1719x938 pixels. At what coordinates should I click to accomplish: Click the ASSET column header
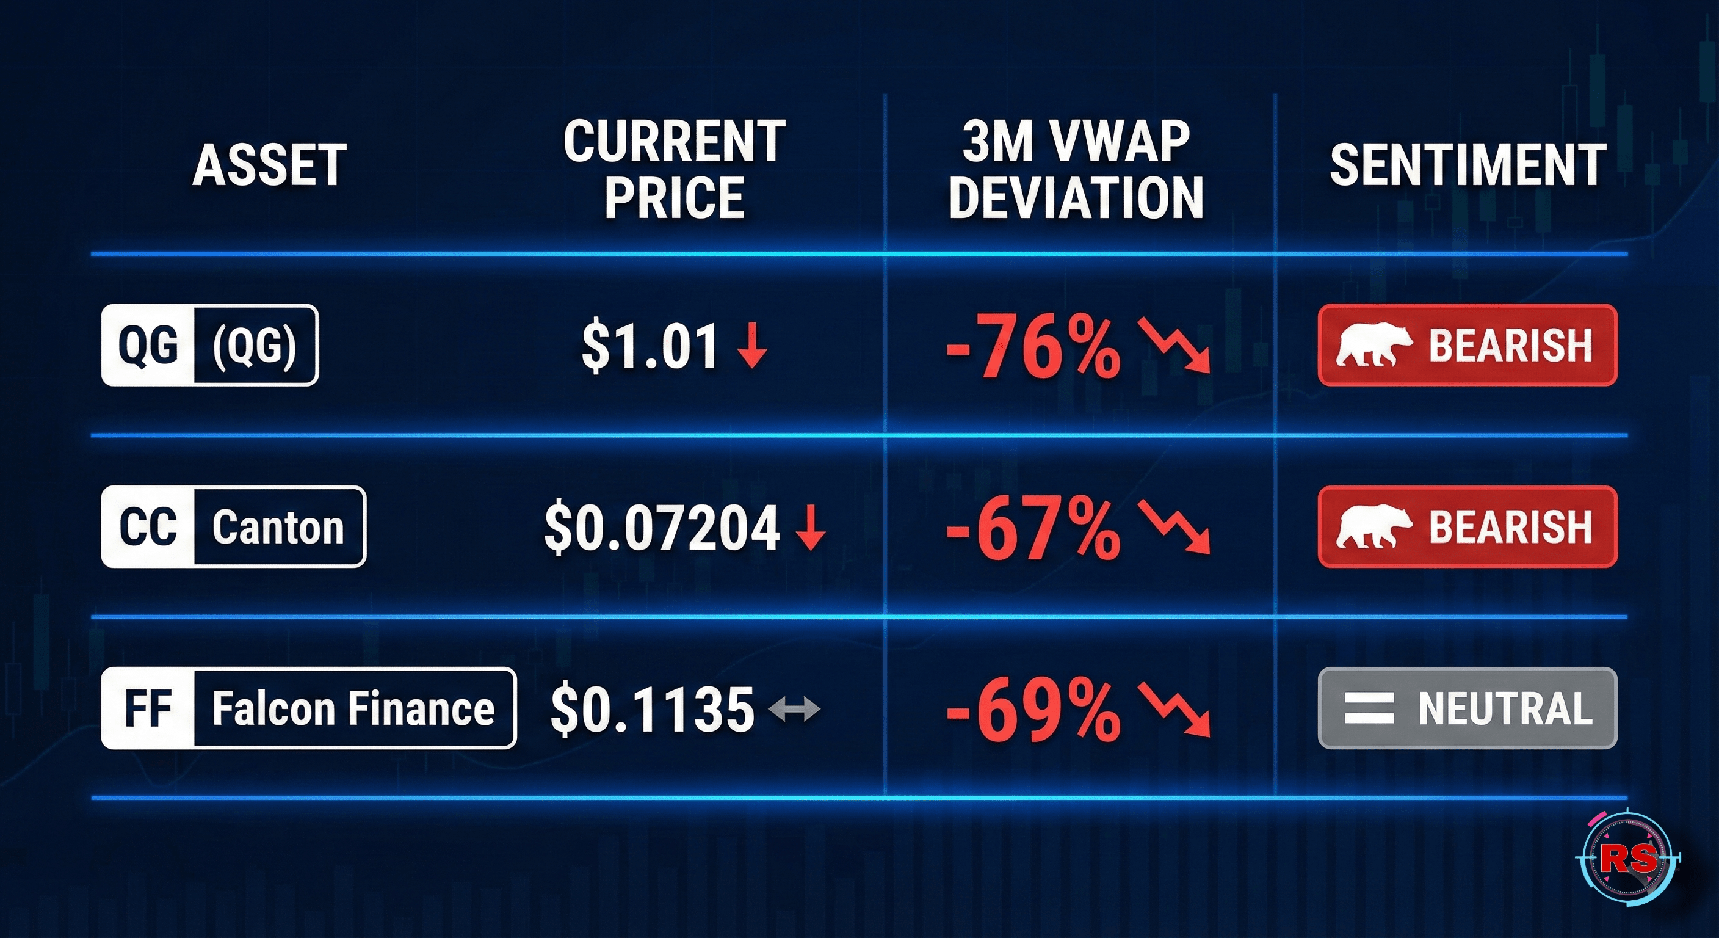click(x=270, y=165)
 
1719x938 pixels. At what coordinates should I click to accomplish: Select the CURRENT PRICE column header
click(x=674, y=170)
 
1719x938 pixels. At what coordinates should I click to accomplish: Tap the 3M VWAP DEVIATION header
click(x=1076, y=170)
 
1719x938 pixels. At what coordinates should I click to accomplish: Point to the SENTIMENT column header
click(x=1467, y=165)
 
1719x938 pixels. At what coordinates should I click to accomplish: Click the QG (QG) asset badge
click(x=209, y=345)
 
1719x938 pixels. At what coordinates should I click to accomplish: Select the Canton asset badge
click(x=234, y=527)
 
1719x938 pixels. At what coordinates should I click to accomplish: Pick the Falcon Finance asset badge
click(x=308, y=708)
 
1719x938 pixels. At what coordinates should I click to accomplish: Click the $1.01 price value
click(x=650, y=346)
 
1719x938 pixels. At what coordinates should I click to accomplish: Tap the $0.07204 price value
click(x=661, y=528)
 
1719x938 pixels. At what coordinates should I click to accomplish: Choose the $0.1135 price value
click(x=652, y=709)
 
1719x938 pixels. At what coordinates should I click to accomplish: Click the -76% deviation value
click(x=1033, y=347)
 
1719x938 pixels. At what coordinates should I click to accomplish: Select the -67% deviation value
click(x=1033, y=529)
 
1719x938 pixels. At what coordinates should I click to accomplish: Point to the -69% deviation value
click(x=1033, y=710)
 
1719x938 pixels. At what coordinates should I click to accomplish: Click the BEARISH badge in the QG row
click(x=1467, y=345)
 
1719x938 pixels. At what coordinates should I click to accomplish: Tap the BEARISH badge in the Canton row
click(x=1467, y=527)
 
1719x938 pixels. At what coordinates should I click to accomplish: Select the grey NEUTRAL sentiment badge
click(x=1467, y=708)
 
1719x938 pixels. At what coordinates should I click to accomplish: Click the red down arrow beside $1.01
click(x=752, y=346)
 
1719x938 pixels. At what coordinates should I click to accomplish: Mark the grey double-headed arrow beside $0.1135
click(x=794, y=709)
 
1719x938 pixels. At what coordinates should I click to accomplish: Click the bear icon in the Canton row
click(x=1373, y=527)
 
